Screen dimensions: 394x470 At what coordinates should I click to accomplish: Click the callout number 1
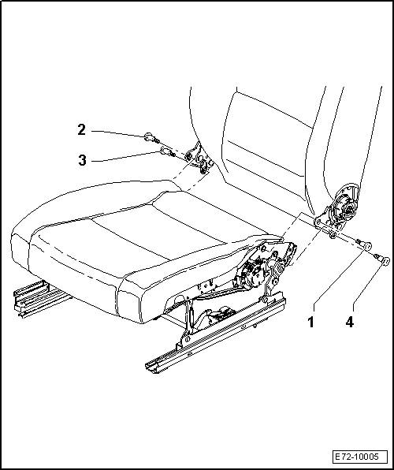coord(310,323)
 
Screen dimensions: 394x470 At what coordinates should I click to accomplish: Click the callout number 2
coord(81,130)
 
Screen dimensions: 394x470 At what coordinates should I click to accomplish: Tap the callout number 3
coord(82,160)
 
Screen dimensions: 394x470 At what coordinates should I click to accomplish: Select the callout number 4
coord(349,323)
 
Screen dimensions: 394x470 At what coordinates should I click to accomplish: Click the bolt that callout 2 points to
coord(152,138)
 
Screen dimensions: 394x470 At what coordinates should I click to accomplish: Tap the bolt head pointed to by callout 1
coord(367,246)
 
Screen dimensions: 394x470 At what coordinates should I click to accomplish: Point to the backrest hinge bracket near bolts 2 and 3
coord(199,159)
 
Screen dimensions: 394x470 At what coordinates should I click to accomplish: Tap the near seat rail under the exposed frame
coord(214,336)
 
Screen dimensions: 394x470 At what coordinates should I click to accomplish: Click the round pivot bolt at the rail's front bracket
coord(187,338)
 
